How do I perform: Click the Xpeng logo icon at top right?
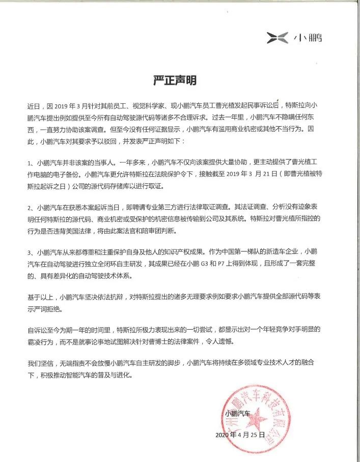click(x=277, y=37)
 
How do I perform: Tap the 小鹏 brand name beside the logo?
click(x=308, y=38)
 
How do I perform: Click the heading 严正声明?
click(x=175, y=80)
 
